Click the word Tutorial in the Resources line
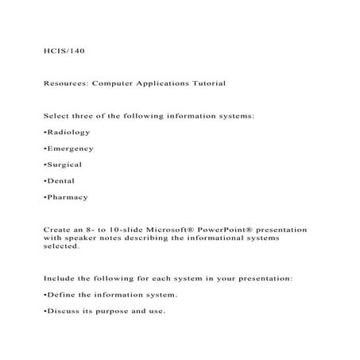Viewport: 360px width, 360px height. click(206, 83)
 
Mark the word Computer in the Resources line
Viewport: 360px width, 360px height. click(116, 83)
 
